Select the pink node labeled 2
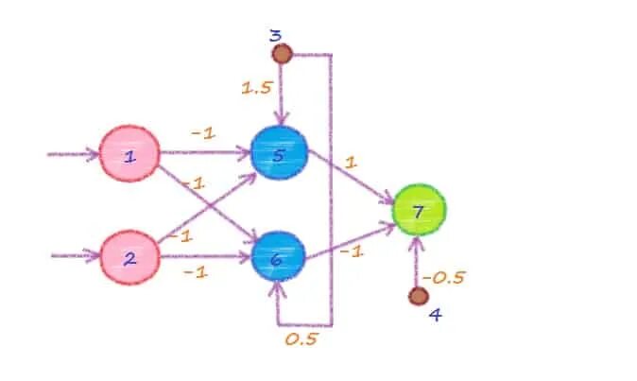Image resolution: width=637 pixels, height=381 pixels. tap(130, 256)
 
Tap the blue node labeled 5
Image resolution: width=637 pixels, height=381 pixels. tap(279, 153)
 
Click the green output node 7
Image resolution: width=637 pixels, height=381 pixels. tap(419, 207)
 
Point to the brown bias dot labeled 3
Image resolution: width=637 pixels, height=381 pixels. tap(281, 54)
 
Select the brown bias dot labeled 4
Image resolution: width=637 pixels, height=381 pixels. tap(419, 296)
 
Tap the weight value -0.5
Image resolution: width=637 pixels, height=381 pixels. tap(443, 277)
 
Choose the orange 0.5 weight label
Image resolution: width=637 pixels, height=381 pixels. tap(301, 338)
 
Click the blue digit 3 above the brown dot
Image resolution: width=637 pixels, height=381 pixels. tap(275, 35)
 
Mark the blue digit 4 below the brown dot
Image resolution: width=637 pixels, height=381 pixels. tap(434, 314)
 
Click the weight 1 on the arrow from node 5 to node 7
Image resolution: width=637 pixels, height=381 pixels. tap(352, 163)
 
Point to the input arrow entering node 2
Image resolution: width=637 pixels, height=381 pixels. tap(76, 255)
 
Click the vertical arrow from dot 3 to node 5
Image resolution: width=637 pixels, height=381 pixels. tap(281, 95)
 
